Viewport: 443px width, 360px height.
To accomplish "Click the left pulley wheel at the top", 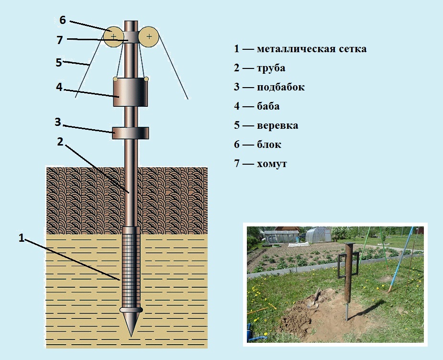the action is pyautogui.click(x=113, y=36).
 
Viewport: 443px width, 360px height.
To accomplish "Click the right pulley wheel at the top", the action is pyautogui.click(x=149, y=36).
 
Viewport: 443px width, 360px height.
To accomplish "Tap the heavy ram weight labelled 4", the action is pyautogui.click(x=131, y=91).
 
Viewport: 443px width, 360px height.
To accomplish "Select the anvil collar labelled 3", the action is pyautogui.click(x=131, y=133).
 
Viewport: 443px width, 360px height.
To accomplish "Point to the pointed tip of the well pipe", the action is pyautogui.click(x=131, y=336).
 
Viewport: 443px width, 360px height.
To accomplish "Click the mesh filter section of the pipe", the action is pyautogui.click(x=131, y=271).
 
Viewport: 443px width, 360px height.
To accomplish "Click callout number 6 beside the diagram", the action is pyautogui.click(x=63, y=20).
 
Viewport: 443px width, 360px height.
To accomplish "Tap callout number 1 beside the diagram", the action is pyautogui.click(x=22, y=238).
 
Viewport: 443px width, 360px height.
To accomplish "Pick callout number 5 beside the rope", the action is pyautogui.click(x=58, y=63).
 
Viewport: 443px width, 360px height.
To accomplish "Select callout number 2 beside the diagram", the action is pyautogui.click(x=60, y=142).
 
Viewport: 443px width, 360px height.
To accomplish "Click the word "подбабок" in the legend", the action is pyautogui.click(x=281, y=87).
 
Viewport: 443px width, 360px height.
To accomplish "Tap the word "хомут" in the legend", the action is pyautogui.click(x=272, y=164).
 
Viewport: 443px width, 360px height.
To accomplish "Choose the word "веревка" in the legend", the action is pyautogui.click(x=277, y=125).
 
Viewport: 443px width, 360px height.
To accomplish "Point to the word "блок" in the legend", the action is pyautogui.click(x=269, y=144).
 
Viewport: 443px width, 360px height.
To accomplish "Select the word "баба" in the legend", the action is pyautogui.click(x=268, y=106).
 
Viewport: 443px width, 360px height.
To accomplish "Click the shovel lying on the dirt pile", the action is pyautogui.click(x=314, y=299).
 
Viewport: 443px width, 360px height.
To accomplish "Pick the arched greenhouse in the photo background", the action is pyautogui.click(x=318, y=235).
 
